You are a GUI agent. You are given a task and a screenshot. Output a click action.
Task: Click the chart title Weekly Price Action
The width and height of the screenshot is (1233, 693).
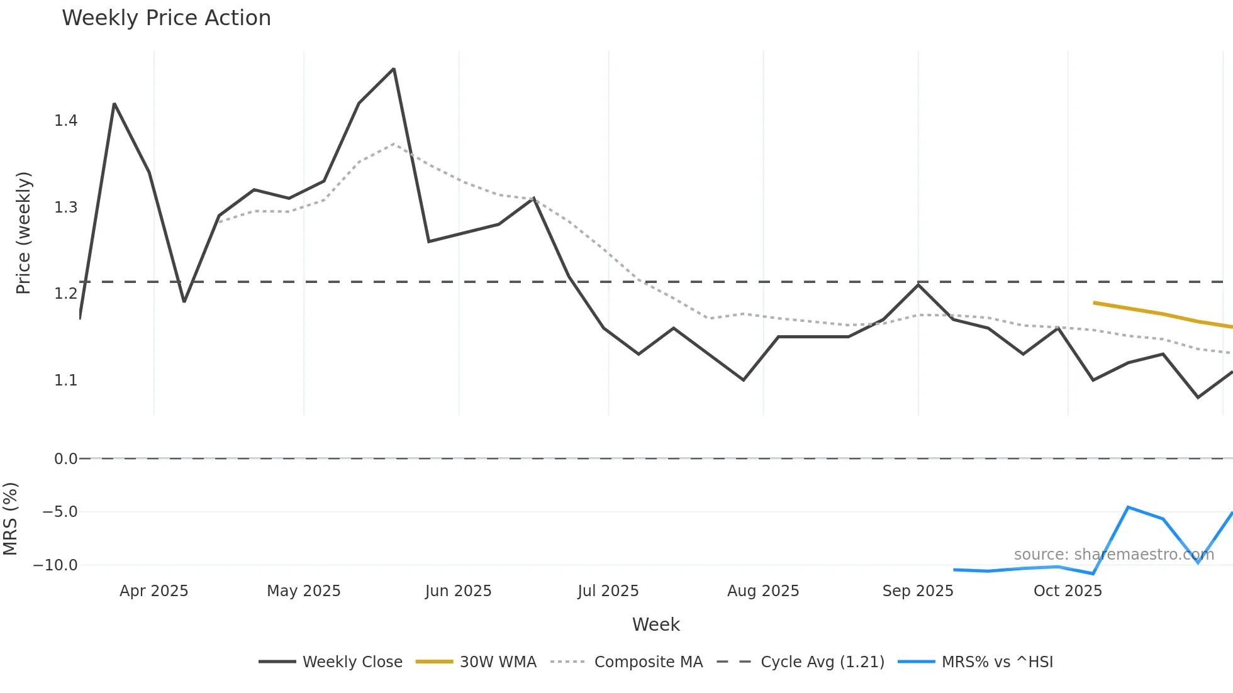pos(166,18)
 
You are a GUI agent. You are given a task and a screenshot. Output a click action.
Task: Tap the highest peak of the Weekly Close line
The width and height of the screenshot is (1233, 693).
pos(394,69)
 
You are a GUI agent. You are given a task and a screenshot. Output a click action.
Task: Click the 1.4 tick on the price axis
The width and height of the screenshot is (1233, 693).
pos(65,121)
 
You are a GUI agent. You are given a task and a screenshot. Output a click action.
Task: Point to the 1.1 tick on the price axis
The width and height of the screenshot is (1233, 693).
pos(65,380)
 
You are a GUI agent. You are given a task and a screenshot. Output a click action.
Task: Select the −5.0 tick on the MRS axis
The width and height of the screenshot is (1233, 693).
pos(60,512)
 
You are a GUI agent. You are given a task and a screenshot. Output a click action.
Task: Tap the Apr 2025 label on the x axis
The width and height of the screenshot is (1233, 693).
pos(154,591)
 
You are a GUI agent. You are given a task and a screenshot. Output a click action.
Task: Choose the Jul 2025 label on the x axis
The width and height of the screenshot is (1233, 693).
pos(608,591)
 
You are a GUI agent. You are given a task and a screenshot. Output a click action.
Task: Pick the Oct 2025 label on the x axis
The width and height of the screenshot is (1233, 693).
pos(1068,591)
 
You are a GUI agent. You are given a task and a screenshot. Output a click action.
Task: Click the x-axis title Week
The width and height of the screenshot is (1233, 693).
pos(656,624)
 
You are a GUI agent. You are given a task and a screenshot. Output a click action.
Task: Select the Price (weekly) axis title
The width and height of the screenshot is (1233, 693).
pos(23,233)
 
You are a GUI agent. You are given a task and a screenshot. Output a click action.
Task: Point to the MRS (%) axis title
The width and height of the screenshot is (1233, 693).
pos(10,519)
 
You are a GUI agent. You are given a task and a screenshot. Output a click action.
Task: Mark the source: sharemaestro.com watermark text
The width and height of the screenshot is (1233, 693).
pos(1113,555)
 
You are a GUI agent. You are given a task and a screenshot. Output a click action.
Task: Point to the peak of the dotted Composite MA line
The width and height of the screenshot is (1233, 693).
pos(394,143)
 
